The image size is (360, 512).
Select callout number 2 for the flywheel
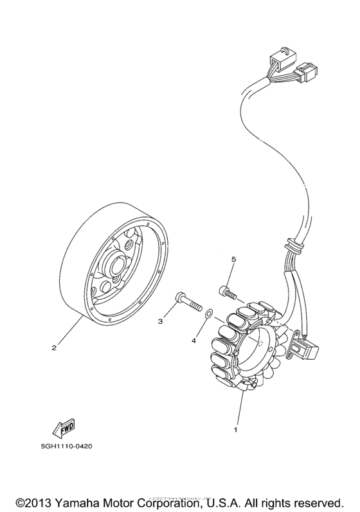[x=55, y=349]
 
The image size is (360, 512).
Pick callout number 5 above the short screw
[x=234, y=259]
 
